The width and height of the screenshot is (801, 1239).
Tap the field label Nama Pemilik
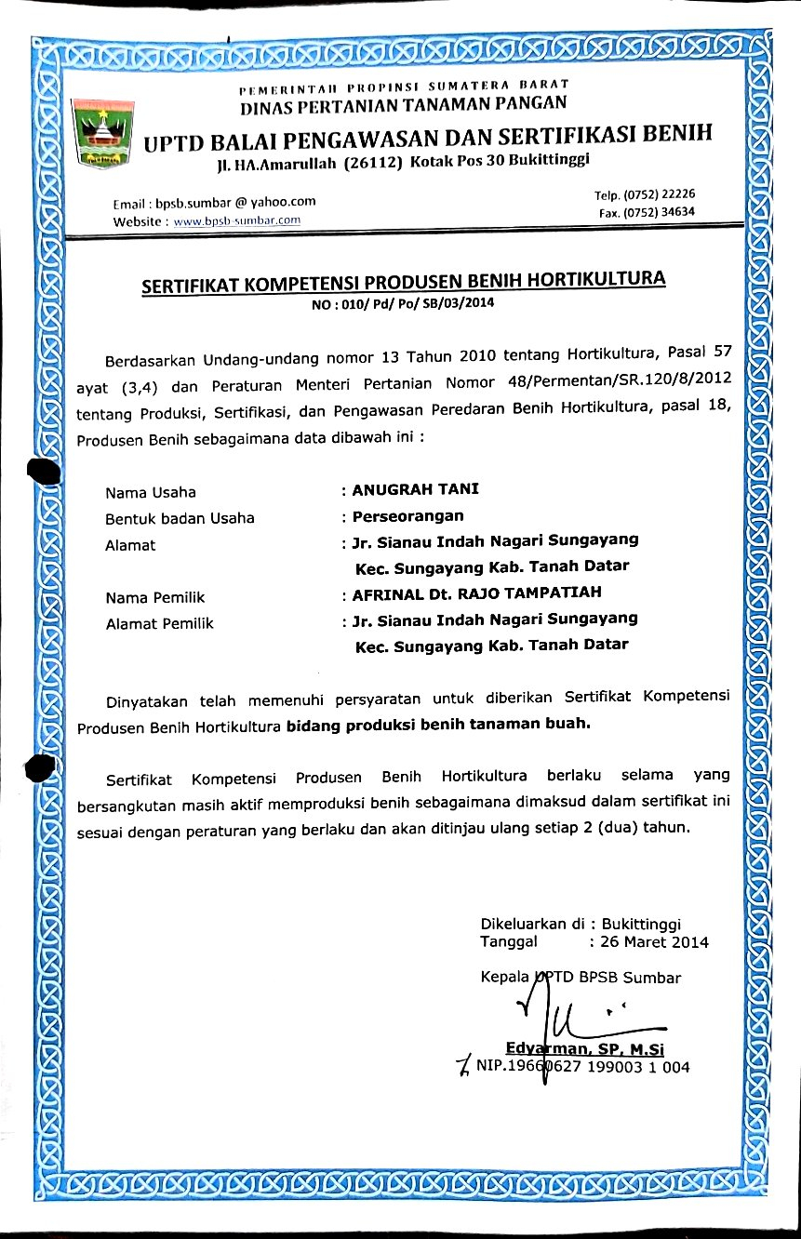coord(155,597)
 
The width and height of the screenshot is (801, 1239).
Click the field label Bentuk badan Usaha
coord(180,518)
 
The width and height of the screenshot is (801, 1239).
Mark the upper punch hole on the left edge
coord(44,471)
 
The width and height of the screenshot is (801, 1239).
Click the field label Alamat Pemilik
coord(159,623)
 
